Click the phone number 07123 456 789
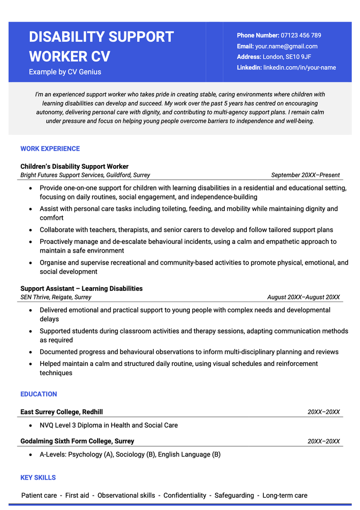(x=301, y=36)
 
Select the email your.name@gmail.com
(x=286, y=46)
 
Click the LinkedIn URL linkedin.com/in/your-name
(x=299, y=67)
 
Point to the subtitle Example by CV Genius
(x=65, y=72)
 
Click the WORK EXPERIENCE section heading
(x=50, y=149)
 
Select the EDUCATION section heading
(x=39, y=394)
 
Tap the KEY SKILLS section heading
(x=38, y=478)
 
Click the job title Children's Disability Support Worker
(x=75, y=166)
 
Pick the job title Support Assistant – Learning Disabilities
(x=81, y=289)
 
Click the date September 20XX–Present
(x=305, y=175)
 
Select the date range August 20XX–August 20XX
(x=303, y=297)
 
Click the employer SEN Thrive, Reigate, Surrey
(x=56, y=297)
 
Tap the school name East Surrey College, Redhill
(x=62, y=412)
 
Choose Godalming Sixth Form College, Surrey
(x=77, y=441)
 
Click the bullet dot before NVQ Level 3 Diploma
(x=31, y=426)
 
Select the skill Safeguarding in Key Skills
(x=234, y=496)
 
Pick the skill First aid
(x=77, y=496)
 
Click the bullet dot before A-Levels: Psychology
(x=31, y=455)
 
